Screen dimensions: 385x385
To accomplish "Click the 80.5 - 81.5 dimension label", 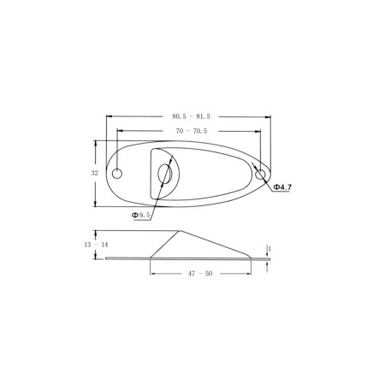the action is pyautogui.click(x=191, y=116).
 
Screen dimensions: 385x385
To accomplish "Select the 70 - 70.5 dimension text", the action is pyautogui.click(x=192, y=131).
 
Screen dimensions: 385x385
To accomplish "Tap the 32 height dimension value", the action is pyautogui.click(x=95, y=173).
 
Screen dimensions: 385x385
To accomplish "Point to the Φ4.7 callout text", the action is pyautogui.click(x=282, y=187).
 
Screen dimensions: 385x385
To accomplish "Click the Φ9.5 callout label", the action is pyautogui.click(x=140, y=215).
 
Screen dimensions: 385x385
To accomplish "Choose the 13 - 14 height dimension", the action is pyautogui.click(x=96, y=245).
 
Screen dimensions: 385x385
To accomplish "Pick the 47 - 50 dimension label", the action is pyautogui.click(x=200, y=274).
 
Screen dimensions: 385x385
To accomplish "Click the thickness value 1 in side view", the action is pyautogui.click(x=269, y=249).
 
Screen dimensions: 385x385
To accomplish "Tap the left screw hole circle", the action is pyautogui.click(x=117, y=174).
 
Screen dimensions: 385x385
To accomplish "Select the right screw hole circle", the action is pyautogui.click(x=260, y=174).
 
